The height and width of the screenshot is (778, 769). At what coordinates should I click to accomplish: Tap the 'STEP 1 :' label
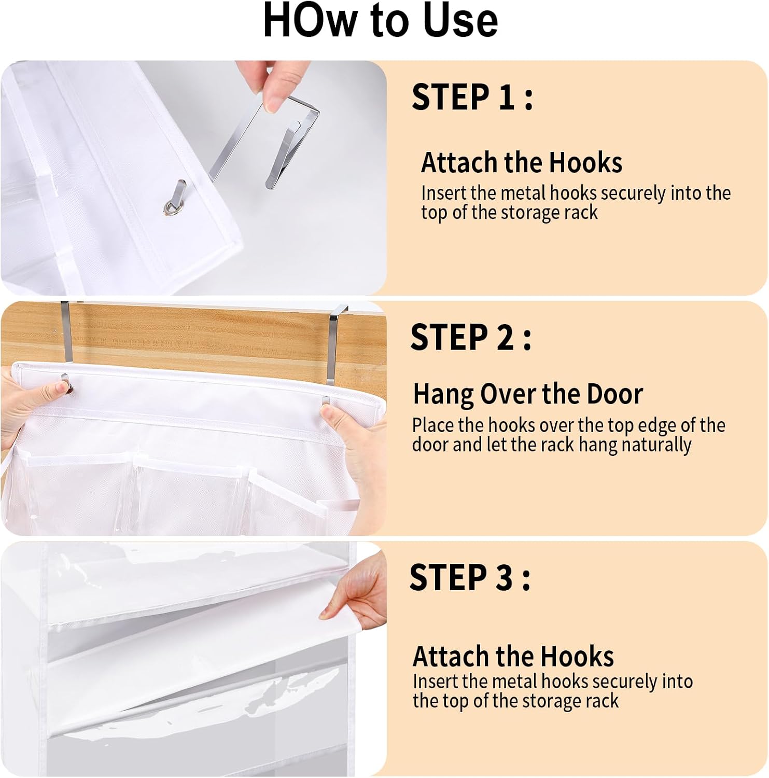pos(472,97)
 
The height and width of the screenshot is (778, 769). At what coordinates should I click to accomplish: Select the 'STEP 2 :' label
pos(471,337)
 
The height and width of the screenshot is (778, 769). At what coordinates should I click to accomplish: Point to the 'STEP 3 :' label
pos(470,577)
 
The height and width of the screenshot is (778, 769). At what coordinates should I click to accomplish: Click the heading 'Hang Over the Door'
pos(528,394)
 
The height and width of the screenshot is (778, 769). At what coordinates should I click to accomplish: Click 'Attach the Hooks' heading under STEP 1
pos(522,162)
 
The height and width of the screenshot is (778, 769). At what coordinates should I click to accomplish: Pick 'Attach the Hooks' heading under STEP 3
pos(513,656)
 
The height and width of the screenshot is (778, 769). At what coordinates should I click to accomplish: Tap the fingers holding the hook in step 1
pos(268,85)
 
